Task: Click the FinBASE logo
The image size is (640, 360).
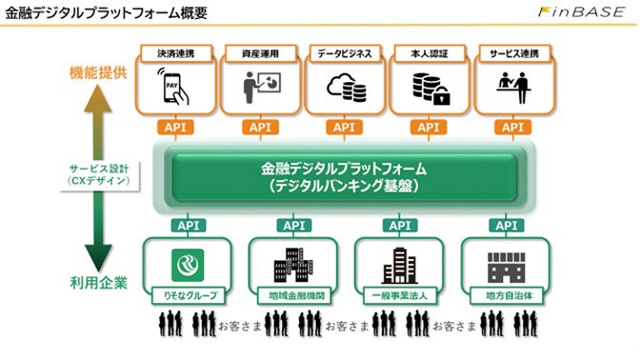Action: tap(580, 15)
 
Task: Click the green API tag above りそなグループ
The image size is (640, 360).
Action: tap(188, 226)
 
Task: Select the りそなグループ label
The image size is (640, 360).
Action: tap(188, 295)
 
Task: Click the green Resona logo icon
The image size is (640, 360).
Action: tap(188, 263)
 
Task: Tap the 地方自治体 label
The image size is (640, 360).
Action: tap(506, 295)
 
